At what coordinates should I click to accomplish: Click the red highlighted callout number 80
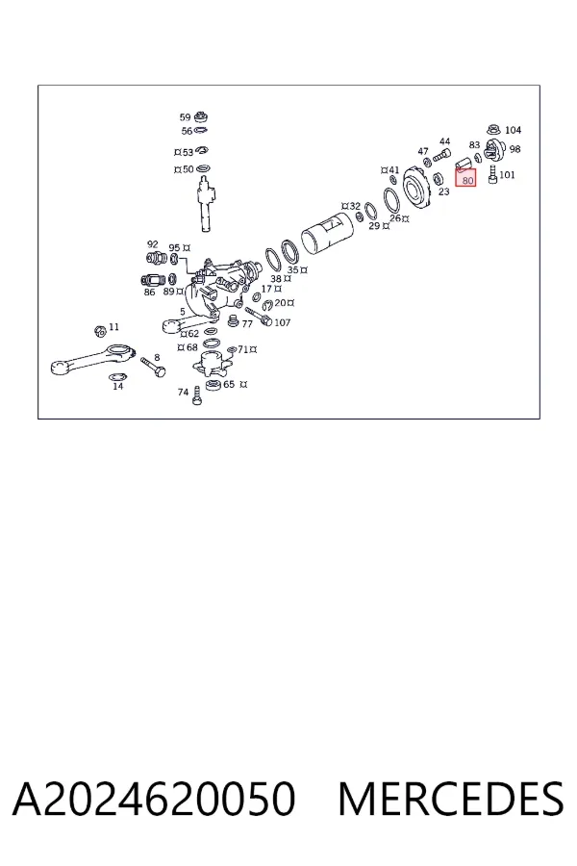[467, 180]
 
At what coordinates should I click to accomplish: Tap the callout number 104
[513, 130]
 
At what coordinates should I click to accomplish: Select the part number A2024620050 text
[154, 799]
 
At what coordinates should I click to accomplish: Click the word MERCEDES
[451, 799]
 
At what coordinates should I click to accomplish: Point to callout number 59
[185, 117]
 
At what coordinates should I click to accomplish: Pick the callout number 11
[113, 327]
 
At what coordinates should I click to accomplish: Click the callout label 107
[282, 322]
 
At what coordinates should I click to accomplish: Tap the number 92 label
[152, 244]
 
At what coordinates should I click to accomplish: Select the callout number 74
[184, 393]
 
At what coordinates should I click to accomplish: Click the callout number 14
[118, 386]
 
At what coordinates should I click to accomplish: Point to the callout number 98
[514, 149]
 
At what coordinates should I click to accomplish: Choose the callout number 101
[507, 175]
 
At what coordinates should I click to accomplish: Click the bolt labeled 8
[153, 367]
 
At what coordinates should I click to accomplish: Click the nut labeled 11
[100, 331]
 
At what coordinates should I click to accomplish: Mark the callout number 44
[444, 142]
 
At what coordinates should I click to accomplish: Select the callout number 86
[150, 293]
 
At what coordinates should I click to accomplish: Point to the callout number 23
[444, 192]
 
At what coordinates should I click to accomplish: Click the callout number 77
[247, 324]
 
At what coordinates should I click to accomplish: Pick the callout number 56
[187, 132]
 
